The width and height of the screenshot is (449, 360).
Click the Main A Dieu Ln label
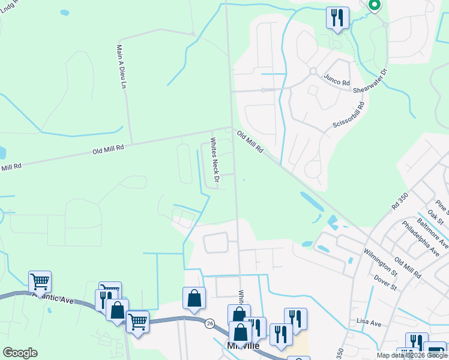(122, 67)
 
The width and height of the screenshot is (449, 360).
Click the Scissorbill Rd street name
(348, 118)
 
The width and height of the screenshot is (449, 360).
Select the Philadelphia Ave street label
(417, 238)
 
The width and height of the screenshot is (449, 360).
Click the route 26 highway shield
(209, 322)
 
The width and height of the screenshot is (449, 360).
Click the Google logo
(20, 353)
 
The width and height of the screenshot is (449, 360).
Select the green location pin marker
(374, 5)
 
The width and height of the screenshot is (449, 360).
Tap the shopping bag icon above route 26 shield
(194, 298)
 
